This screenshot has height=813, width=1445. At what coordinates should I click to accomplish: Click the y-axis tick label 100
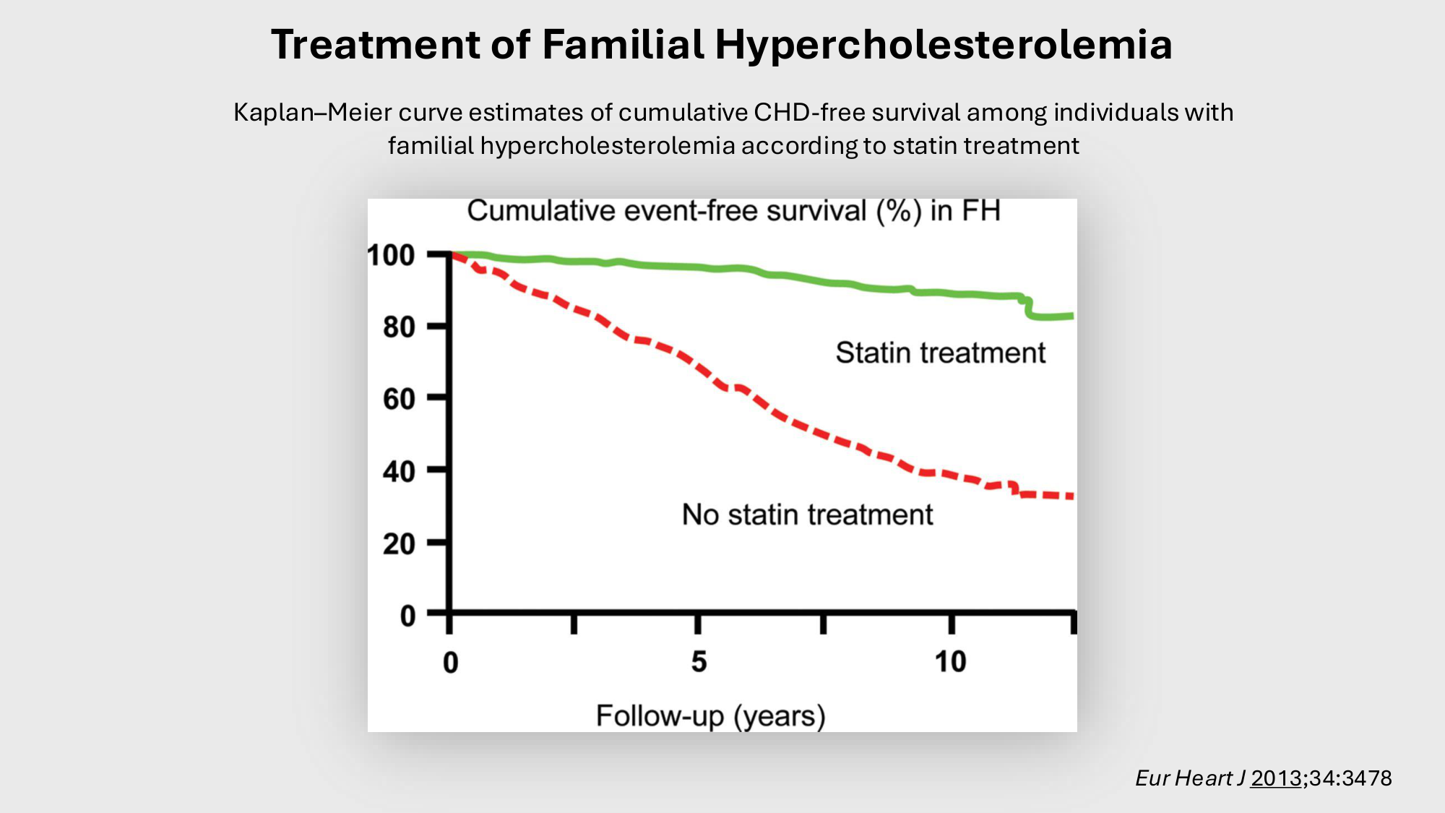391,255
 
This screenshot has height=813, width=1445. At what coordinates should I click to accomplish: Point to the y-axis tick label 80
400,327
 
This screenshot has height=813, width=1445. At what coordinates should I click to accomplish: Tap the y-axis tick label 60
400,399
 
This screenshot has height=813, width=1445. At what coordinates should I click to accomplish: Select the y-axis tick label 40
400,471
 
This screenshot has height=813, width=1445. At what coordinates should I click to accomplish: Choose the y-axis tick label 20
400,543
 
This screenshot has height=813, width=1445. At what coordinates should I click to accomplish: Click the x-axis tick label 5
699,662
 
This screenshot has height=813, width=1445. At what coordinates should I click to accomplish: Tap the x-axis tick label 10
950,662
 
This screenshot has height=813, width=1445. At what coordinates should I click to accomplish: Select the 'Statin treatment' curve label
941,353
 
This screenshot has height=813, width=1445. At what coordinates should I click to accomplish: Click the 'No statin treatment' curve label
808,515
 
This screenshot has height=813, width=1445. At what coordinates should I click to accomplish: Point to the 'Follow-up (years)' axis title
711,716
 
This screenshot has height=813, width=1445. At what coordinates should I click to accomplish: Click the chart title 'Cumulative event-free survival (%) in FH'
734,211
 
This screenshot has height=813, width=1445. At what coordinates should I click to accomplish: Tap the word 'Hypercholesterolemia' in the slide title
944,45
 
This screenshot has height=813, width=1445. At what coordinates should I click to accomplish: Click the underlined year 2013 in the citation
1277,778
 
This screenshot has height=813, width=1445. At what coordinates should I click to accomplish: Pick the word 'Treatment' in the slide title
376,45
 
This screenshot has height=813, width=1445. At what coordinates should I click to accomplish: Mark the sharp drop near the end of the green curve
1028,308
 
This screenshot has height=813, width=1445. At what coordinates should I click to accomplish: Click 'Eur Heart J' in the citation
1190,778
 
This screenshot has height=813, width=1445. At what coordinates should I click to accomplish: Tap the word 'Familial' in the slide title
623,45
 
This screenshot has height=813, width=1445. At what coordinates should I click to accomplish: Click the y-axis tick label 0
408,616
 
